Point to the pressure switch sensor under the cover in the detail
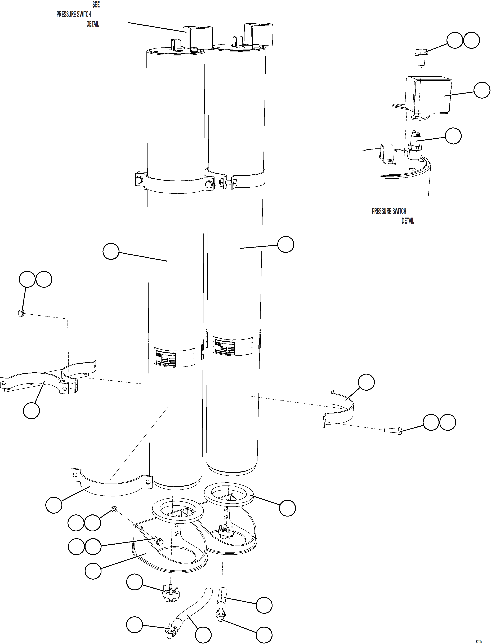(414, 146)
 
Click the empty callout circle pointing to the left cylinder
(111, 251)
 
